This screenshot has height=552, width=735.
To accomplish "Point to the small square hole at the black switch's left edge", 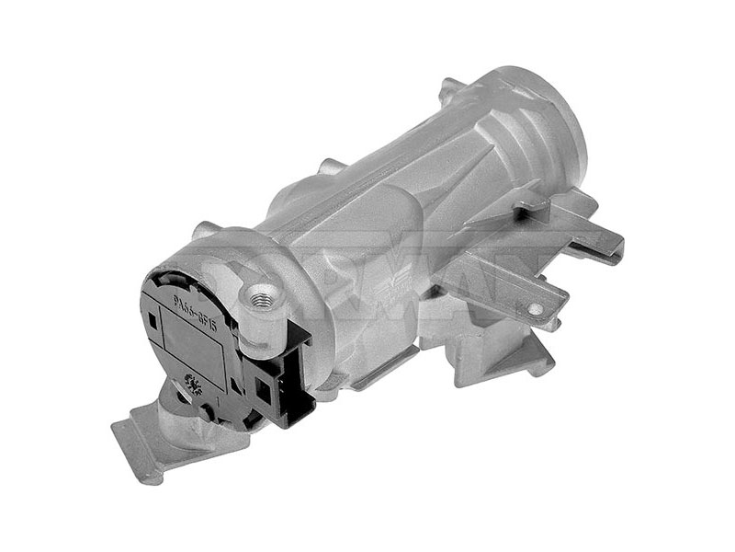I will [150, 319].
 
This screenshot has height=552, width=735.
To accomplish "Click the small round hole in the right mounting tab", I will [535, 310].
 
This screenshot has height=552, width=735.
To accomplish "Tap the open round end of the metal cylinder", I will [542, 115].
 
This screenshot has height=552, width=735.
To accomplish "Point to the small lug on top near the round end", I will [450, 89].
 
